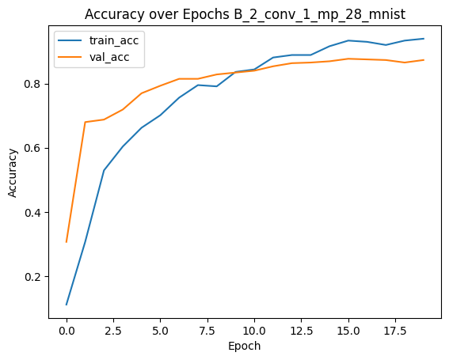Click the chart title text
point(245,14)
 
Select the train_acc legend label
point(114,40)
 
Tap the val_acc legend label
point(109,57)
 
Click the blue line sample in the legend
point(70,40)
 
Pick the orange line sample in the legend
point(70,57)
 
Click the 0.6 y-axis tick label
point(33,149)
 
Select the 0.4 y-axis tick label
point(33,213)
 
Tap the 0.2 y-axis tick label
point(33,277)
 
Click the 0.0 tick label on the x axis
point(67,331)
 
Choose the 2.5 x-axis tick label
point(114,331)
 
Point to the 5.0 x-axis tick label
point(160,331)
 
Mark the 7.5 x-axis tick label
point(207,331)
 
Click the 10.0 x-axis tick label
point(254,331)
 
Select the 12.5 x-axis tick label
point(301,331)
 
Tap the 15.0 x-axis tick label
point(348,331)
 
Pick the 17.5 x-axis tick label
point(395,331)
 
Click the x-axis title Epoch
point(245,347)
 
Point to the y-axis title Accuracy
point(13,172)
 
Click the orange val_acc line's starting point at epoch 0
point(67,242)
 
